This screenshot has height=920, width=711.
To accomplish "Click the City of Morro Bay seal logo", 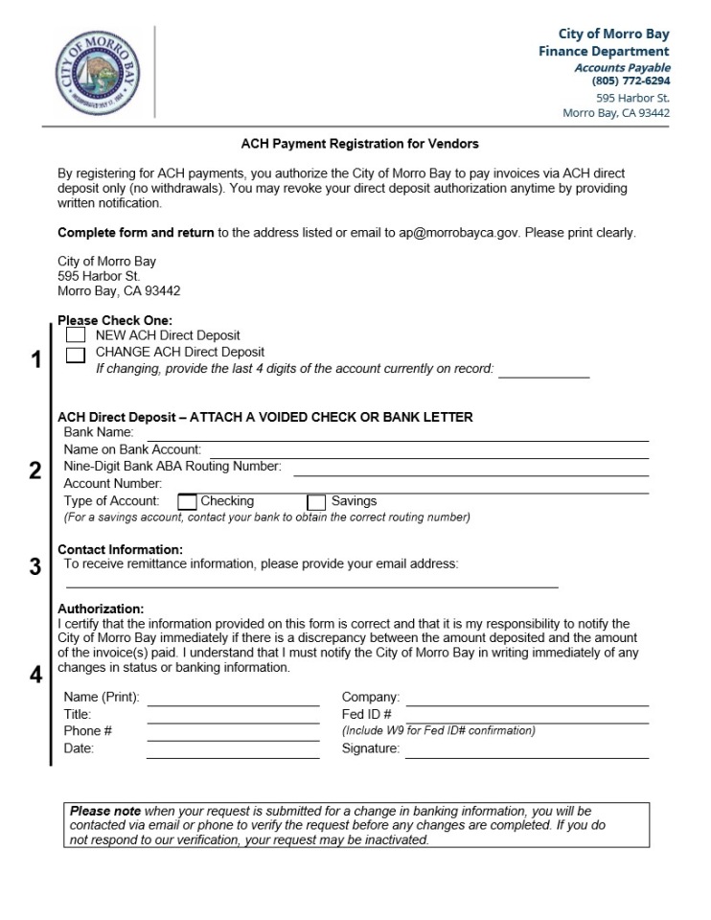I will click(100, 73).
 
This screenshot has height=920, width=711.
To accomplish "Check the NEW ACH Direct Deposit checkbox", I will click(76, 335).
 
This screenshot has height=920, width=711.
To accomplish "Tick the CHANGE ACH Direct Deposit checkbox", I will click(76, 355).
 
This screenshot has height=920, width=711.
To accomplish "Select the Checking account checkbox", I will click(188, 501).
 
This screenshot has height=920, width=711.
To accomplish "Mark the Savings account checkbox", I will click(316, 501).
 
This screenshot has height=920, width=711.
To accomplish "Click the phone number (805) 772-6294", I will click(631, 81).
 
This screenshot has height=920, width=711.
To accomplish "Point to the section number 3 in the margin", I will click(35, 566).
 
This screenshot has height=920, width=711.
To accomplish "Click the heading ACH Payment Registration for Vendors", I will click(359, 144).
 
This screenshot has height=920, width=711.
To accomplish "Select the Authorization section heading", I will click(101, 609).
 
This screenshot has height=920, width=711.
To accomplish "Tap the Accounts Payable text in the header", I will click(622, 67).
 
